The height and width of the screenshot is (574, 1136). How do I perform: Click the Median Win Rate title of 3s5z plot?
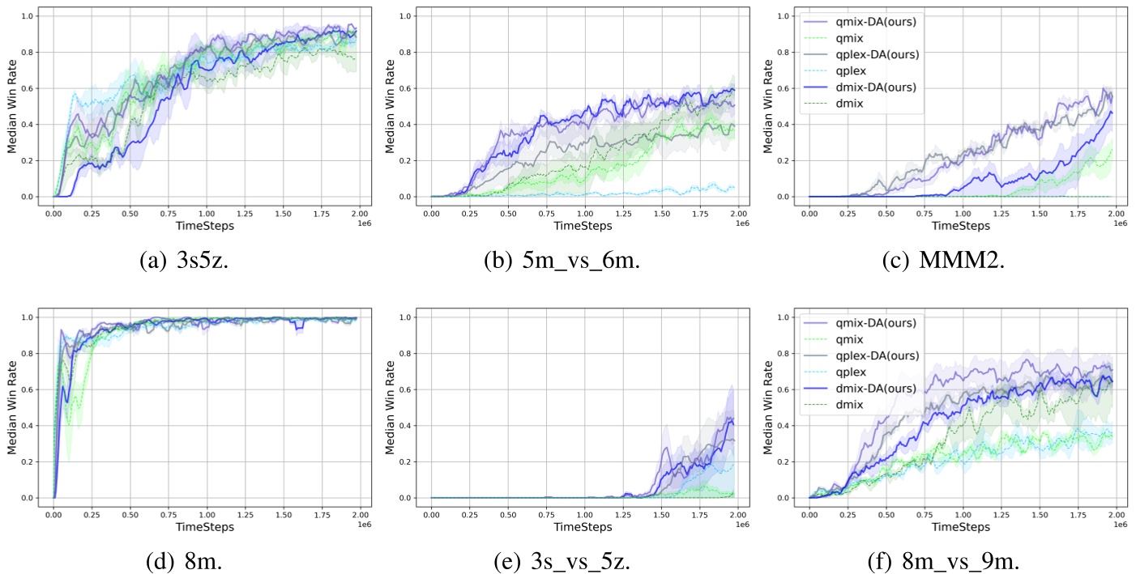[12, 107]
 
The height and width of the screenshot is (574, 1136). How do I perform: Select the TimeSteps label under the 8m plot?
[206, 527]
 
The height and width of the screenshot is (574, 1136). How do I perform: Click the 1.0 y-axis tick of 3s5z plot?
[28, 16]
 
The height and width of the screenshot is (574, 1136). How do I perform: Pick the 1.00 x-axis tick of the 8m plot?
[207, 514]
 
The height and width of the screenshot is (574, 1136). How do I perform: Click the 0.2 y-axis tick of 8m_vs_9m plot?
[784, 462]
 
